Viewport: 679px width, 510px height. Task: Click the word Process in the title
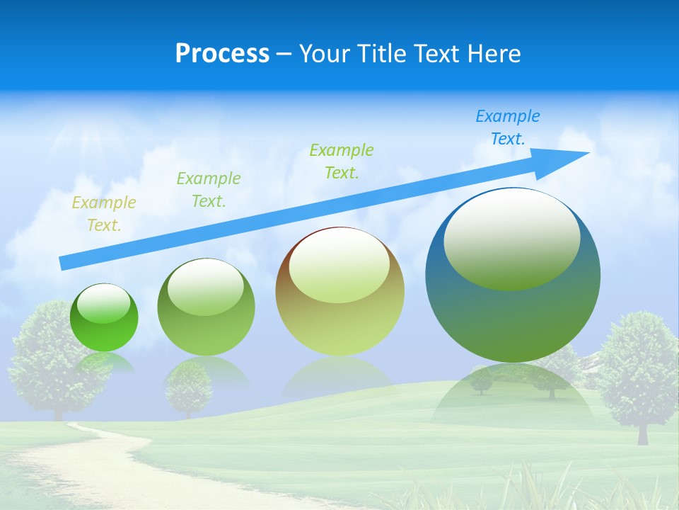click(x=222, y=54)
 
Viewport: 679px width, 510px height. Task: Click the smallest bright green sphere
click(x=104, y=318)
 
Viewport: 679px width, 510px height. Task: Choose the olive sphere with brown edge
click(x=339, y=292)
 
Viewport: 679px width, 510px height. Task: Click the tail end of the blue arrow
click(x=65, y=263)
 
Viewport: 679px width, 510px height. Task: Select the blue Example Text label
click(x=508, y=127)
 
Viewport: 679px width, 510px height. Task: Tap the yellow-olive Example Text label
click(x=104, y=214)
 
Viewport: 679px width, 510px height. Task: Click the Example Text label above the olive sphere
click(x=342, y=161)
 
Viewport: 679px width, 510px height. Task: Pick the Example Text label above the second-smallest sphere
click(x=209, y=189)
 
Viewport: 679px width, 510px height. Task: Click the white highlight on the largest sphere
click(x=511, y=238)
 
